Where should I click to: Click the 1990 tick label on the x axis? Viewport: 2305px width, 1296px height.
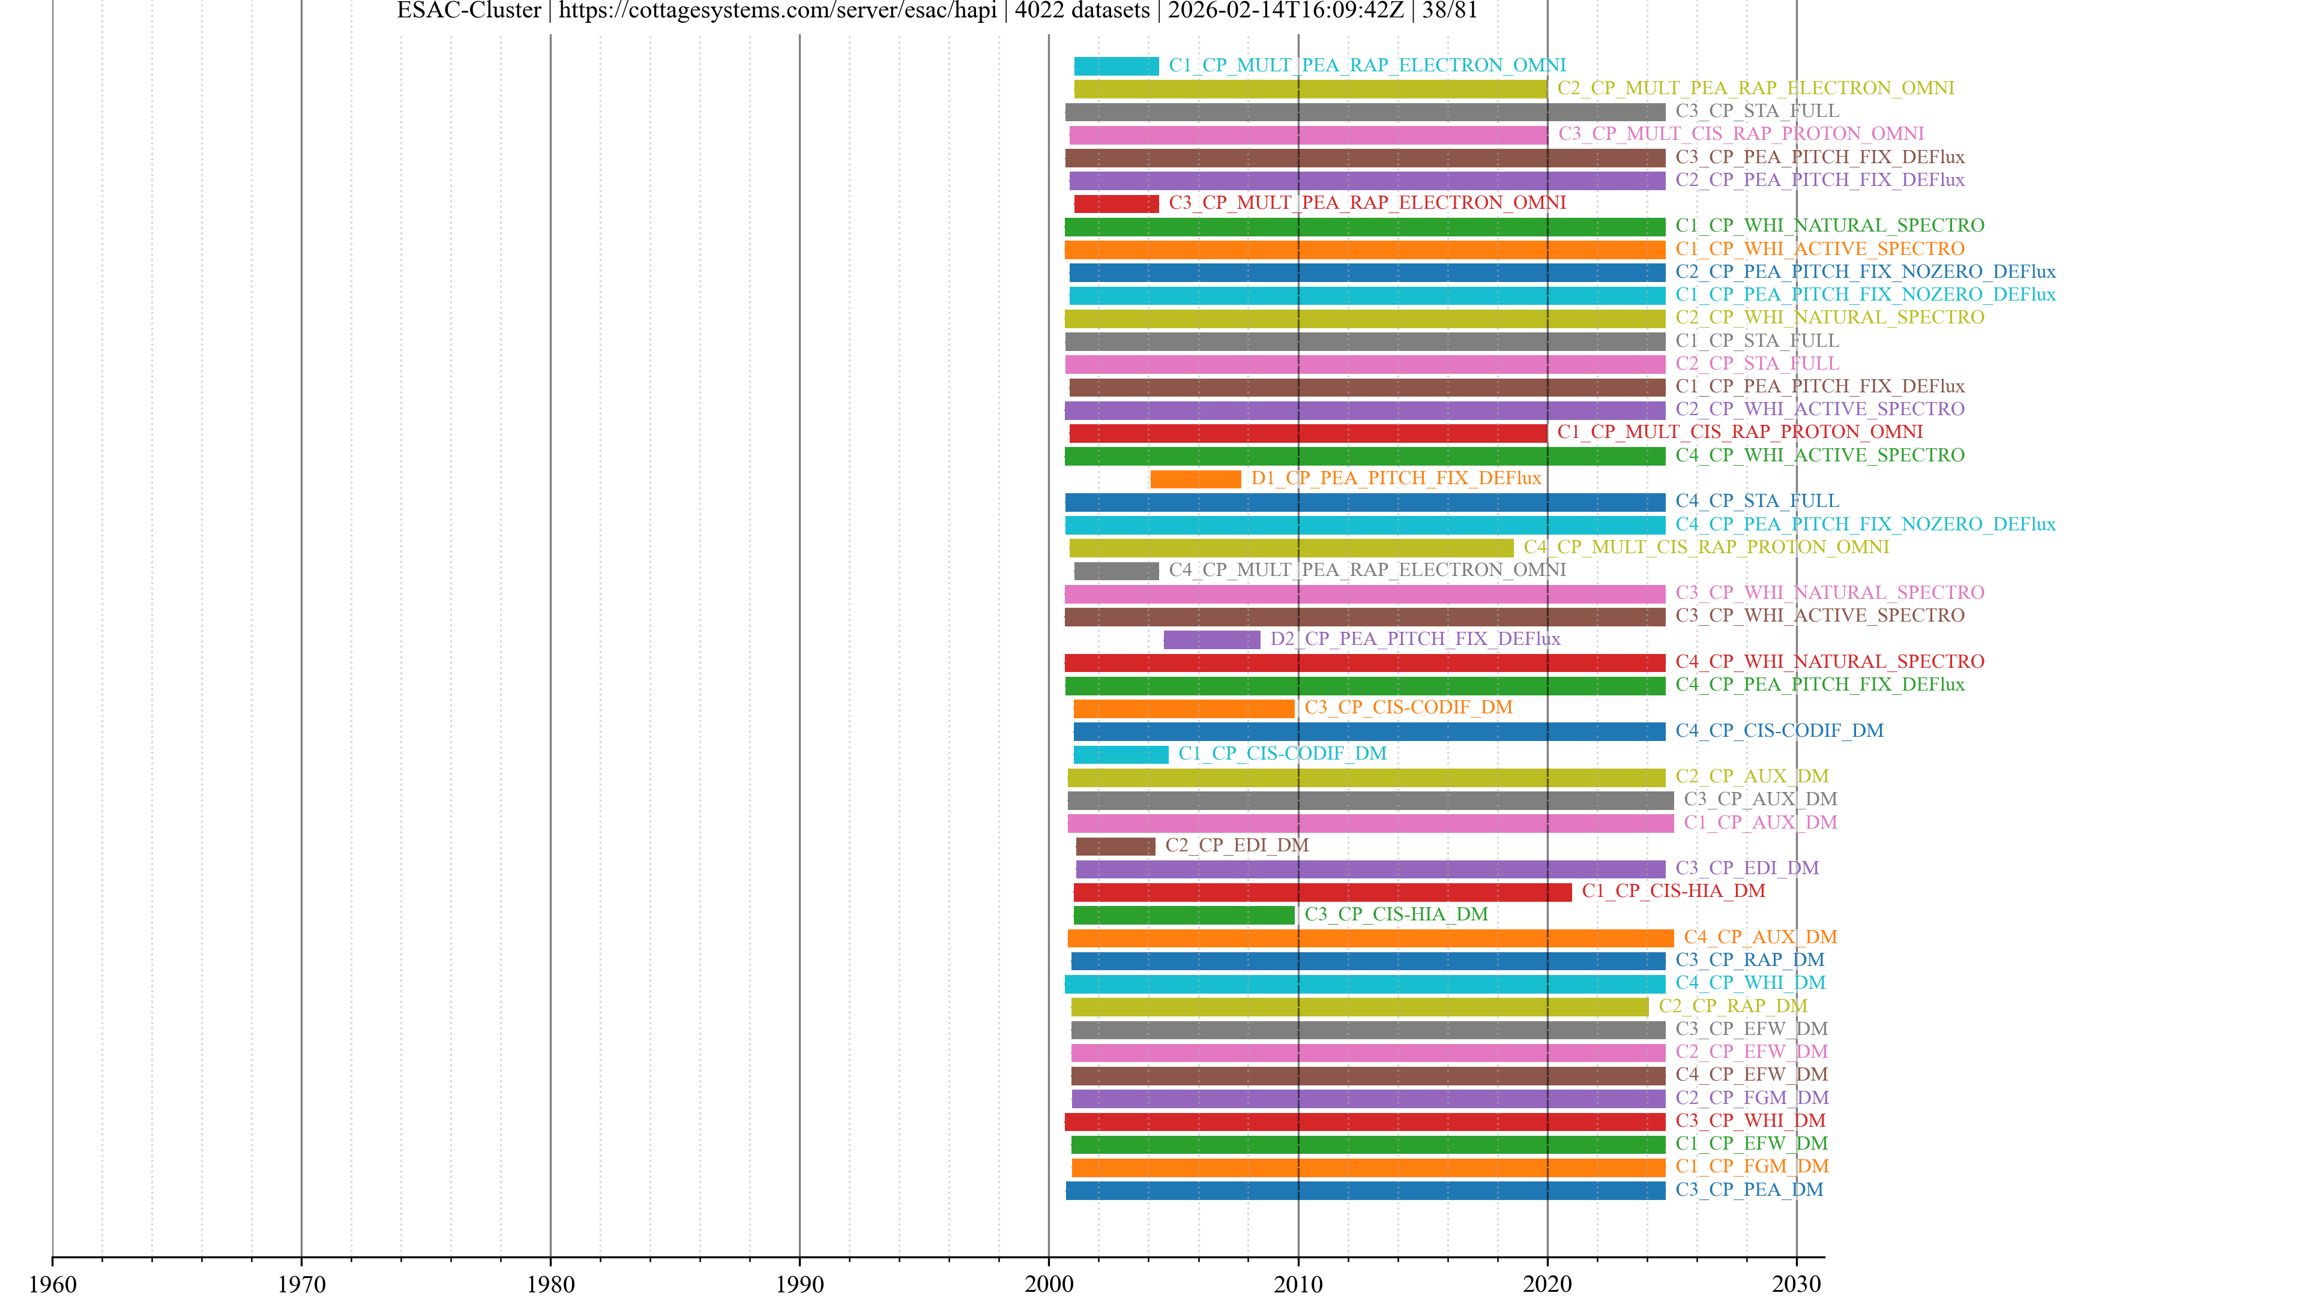pyautogui.click(x=799, y=1283)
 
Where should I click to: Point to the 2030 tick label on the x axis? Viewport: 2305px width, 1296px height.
pyautogui.click(x=1796, y=1283)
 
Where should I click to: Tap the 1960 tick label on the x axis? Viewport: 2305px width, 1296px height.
pyautogui.click(x=53, y=1283)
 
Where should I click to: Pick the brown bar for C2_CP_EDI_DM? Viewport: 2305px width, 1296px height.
pyautogui.click(x=1115, y=846)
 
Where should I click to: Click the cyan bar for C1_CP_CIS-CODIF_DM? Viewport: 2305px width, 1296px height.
pyautogui.click(x=1120, y=755)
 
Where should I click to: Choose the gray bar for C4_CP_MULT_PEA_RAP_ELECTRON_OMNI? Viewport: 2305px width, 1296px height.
pyautogui.click(x=1116, y=571)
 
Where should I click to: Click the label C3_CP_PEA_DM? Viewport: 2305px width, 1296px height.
pyautogui.click(x=1749, y=1190)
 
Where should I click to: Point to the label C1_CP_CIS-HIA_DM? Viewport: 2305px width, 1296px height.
pyautogui.click(x=1674, y=891)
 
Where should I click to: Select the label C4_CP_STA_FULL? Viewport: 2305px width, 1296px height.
pyautogui.click(x=1756, y=501)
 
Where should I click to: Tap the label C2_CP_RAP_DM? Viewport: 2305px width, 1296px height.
pyautogui.click(x=1732, y=1006)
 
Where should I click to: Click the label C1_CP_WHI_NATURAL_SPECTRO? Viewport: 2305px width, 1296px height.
pyautogui.click(x=1829, y=226)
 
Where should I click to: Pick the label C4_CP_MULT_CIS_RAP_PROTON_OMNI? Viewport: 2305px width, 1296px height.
pyautogui.click(x=1707, y=547)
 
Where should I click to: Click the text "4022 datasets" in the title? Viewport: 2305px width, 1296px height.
pyautogui.click(x=1082, y=11)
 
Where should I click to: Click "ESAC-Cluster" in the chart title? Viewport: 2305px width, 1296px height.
pyautogui.click(x=469, y=11)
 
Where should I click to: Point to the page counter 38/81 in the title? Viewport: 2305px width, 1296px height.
pyautogui.click(x=1450, y=11)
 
